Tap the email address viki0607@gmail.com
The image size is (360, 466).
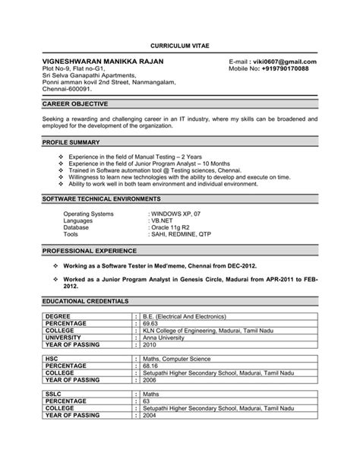click(283, 62)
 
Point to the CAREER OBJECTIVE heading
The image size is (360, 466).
click(75, 103)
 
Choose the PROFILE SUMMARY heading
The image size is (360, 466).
click(73, 142)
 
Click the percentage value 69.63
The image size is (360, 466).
click(152, 323)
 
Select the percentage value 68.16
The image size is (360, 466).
click(152, 366)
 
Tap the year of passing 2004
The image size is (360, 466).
click(150, 416)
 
